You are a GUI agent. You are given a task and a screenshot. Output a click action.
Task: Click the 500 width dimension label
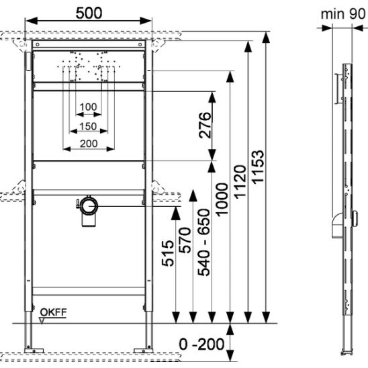coord(89,13)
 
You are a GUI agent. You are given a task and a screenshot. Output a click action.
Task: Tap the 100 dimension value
coord(88,107)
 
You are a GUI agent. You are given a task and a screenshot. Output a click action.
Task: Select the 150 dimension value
coord(88,126)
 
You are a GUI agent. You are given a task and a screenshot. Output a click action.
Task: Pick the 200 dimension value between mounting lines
coord(89,144)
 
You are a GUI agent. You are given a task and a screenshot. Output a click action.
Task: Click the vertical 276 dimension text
coord(205,125)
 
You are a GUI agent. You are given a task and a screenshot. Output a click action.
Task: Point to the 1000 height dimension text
coord(222,199)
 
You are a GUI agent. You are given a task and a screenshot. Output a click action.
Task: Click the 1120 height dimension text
coord(240,182)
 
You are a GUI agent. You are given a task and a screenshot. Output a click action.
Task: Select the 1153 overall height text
coord(258,167)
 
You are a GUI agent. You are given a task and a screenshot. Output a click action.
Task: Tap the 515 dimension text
coord(168,253)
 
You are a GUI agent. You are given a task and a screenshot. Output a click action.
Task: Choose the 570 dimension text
coord(185,240)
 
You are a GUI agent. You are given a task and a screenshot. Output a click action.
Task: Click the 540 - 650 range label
coord(203,242)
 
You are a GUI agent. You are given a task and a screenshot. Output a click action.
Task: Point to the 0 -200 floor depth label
coord(201,344)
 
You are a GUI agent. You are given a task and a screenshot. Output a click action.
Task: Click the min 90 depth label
coord(343,14)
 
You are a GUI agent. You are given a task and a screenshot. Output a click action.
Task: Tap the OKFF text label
coord(54,312)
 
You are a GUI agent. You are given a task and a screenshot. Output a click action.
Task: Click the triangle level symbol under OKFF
coord(42,321)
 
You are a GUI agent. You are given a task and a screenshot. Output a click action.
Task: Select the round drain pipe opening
coord(89,206)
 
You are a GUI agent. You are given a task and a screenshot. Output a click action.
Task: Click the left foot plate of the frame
coord(34,351)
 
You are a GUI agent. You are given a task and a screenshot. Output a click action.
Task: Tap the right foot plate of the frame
coord(144,351)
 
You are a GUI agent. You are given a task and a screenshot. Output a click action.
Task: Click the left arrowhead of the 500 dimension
coord(31,21)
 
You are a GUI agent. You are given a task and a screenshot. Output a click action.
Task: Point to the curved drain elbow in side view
coord(337,226)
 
